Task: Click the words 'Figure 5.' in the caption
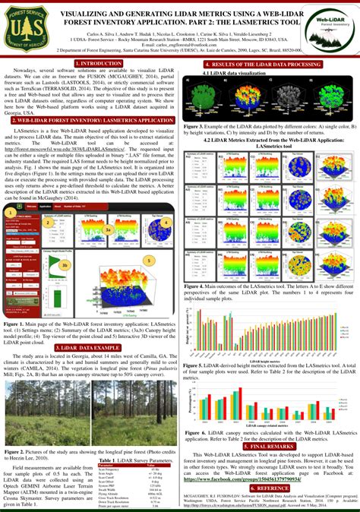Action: pos(196,365)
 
